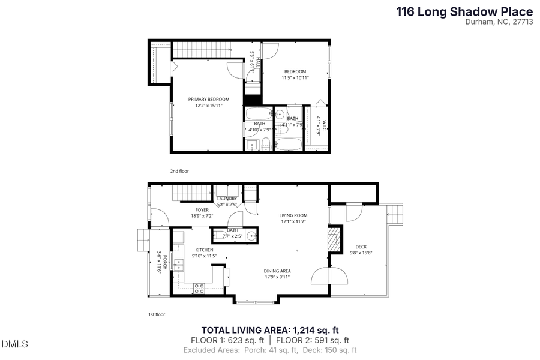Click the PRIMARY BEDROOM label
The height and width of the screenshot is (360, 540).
tap(209, 99)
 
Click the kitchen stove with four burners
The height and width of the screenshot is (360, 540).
tap(199, 287)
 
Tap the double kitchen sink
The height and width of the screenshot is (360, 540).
tap(178, 265)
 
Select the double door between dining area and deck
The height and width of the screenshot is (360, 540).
tap(329, 276)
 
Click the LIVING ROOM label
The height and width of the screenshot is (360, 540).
tap(293, 215)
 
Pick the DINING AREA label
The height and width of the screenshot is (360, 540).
tap(277, 271)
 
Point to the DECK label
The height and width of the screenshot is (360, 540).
tap(361, 247)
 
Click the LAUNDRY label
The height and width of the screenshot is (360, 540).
tap(227, 199)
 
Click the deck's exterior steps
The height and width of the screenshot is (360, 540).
tap(396, 214)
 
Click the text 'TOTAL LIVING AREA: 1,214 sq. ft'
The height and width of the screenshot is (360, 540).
tap(270, 329)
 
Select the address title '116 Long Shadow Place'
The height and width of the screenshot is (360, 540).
tap(464, 11)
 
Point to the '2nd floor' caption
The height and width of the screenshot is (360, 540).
tap(179, 172)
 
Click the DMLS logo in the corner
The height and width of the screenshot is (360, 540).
tap(15, 344)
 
